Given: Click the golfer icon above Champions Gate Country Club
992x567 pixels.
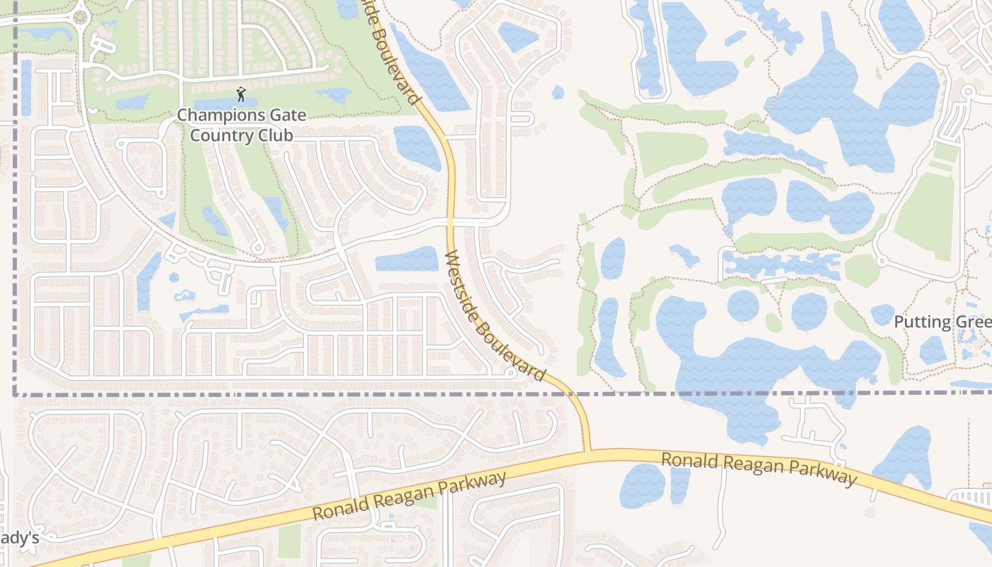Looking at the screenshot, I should point(241,94).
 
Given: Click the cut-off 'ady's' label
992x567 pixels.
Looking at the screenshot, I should point(19,539).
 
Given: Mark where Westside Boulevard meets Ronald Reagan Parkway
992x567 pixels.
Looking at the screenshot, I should point(587,451).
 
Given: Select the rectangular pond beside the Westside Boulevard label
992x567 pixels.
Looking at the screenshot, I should point(407,259).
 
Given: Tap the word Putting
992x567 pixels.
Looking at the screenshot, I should point(922,322).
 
